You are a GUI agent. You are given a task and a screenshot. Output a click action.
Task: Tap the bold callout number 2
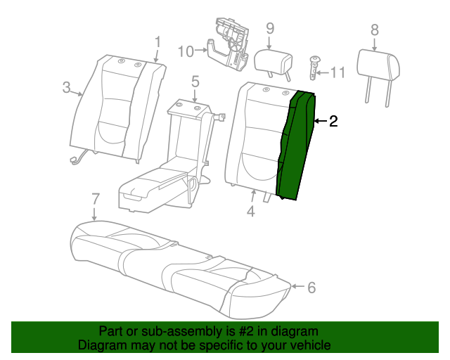click(x=333, y=121)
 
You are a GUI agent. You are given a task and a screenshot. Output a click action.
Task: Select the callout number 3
click(x=66, y=87)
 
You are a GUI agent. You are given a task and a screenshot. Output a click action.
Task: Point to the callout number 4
click(x=251, y=211)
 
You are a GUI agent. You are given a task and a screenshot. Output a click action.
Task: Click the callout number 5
click(x=195, y=82)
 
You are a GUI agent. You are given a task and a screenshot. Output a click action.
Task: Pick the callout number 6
click(x=311, y=288)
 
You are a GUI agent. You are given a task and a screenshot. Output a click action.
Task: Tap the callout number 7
click(x=96, y=199)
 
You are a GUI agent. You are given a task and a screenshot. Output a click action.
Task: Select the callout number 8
click(x=375, y=30)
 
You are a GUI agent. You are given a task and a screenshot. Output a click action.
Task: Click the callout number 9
click(x=270, y=28)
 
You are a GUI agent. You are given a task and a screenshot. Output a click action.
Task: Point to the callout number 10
click(x=186, y=51)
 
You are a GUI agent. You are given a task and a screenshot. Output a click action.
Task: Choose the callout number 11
click(x=338, y=72)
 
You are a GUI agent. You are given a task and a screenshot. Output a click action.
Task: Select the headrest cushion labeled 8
click(x=378, y=66)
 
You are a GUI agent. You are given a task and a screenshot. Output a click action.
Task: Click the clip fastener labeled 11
click(x=314, y=68)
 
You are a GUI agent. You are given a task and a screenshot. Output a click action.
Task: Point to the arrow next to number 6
click(x=298, y=286)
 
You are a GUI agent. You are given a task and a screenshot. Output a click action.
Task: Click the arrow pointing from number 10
click(x=201, y=51)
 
